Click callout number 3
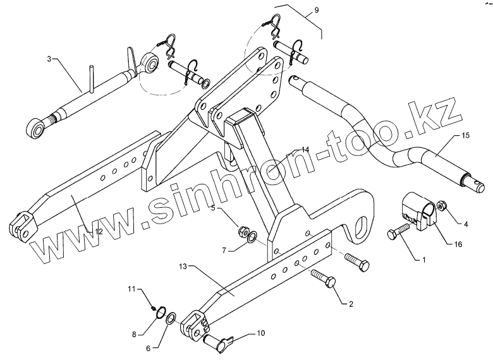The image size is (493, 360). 49,59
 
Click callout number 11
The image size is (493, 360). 132,289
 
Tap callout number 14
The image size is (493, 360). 305,150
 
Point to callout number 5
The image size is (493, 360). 213,208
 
